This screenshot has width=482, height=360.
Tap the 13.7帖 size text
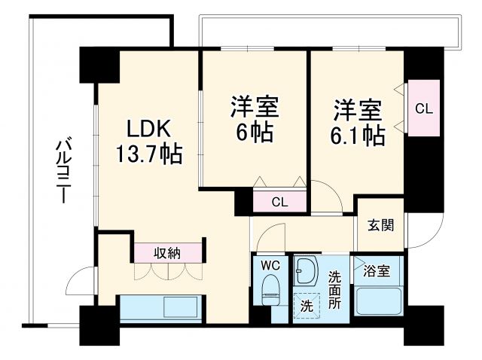pos(148,155)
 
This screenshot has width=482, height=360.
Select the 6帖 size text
pos(253,133)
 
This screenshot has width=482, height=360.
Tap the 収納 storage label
pos(168,252)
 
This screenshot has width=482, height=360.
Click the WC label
pos(270,265)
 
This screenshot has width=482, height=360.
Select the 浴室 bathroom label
pos(376,272)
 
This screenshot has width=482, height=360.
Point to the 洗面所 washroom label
pos(335,291)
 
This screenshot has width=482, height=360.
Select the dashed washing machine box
pos(307,306)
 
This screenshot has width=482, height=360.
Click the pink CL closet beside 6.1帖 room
pos(424,108)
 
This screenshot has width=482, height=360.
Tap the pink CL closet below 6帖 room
pos(279,202)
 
